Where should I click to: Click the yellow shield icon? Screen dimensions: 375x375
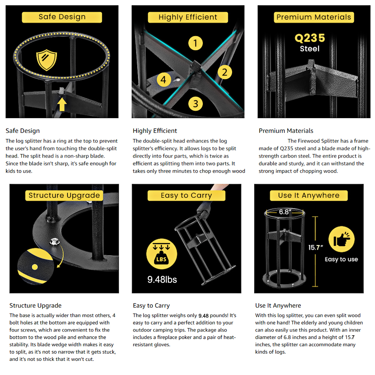46,60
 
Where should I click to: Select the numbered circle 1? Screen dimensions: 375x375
195,43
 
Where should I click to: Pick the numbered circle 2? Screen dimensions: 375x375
225,72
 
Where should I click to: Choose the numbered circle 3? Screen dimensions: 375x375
195,104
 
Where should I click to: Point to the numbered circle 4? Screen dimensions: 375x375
163,79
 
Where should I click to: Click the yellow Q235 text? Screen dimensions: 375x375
310,38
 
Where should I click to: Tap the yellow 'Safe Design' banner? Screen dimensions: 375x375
62,17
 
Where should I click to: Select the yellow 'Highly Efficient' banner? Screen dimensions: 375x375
188,17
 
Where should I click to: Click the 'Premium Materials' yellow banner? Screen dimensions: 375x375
314,17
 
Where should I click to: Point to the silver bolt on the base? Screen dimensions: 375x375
54,241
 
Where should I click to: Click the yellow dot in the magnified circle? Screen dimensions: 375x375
35,267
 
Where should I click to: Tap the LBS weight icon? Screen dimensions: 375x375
162,254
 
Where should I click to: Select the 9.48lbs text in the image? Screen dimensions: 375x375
162,279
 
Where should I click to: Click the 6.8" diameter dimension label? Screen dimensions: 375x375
285,212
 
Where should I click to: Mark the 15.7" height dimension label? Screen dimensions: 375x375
315,247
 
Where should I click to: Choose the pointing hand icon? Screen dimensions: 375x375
342,239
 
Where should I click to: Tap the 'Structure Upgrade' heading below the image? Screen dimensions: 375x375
35,305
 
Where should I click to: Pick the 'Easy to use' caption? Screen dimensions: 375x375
341,259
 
